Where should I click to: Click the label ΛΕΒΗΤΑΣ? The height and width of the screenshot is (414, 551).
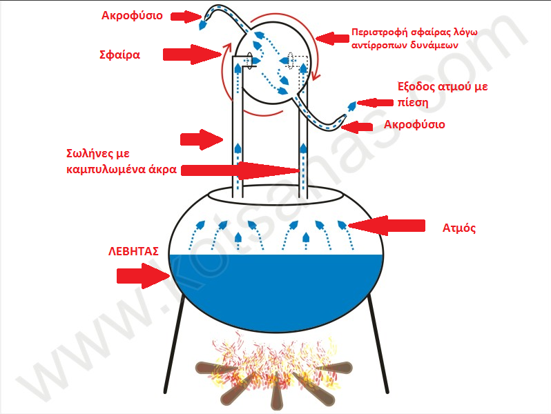click(x=133, y=251)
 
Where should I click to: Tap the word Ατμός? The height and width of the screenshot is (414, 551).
click(x=459, y=228)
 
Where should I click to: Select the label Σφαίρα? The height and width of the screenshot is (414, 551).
click(x=119, y=55)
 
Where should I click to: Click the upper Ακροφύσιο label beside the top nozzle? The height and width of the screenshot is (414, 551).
click(x=132, y=16)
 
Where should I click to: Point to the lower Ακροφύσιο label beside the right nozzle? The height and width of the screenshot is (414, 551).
click(x=414, y=125)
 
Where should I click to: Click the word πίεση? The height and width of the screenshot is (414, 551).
click(x=413, y=103)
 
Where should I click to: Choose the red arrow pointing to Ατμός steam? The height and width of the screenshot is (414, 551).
click(x=386, y=226)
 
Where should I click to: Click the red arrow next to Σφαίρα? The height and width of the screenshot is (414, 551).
click(x=192, y=55)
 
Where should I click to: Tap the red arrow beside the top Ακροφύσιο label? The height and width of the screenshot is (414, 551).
click(x=186, y=17)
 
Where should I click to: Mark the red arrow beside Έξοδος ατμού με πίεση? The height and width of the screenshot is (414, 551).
click(x=375, y=103)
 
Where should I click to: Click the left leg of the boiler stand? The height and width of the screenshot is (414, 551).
click(x=174, y=346)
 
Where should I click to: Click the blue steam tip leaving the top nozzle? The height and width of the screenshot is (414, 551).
click(x=203, y=25)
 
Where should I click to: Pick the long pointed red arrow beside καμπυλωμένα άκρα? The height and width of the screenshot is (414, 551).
click(x=240, y=170)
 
